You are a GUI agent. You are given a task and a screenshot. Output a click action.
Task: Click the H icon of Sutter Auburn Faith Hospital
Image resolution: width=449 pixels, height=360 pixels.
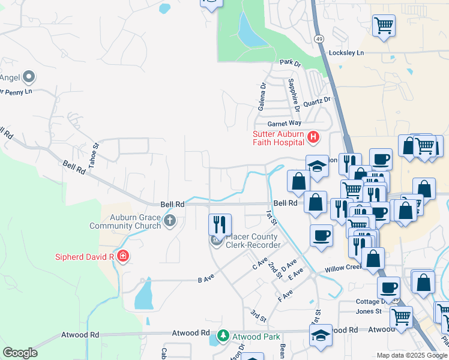click(313, 138)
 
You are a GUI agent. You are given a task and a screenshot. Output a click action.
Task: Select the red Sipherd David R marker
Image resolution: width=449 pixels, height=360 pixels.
click(123, 257)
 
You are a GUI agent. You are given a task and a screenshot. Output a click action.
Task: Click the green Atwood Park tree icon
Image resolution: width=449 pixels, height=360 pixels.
click(223, 334)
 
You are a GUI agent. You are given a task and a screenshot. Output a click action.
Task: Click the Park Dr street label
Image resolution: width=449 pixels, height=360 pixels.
click(289, 62)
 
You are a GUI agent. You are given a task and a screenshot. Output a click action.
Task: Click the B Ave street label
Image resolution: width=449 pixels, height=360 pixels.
click(206, 280)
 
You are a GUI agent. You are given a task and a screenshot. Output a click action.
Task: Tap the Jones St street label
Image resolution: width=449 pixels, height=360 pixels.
click(369, 311)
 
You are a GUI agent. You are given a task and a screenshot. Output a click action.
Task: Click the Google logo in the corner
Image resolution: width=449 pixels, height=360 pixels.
click(20, 353)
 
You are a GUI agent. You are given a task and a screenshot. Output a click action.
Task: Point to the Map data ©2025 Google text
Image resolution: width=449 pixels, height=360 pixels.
click(412, 355)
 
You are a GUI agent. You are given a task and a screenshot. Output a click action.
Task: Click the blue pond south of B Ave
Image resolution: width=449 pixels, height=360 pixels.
click(143, 295)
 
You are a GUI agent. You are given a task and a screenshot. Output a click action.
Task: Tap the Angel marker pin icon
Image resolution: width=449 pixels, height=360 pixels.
click(28, 77)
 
